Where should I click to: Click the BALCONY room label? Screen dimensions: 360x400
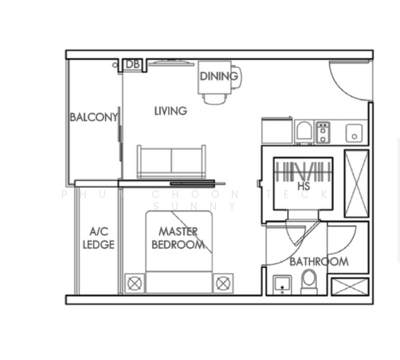coord(94,117)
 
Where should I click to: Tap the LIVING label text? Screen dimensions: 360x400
coord(171,111)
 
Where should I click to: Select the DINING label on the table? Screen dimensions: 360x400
coord(219,76)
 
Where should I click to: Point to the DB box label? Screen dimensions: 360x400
coord(133,64)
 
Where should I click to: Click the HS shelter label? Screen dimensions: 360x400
coord(303,187)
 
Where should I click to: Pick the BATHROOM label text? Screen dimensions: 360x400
coord(319,262)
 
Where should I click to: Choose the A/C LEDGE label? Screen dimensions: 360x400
coord(98,238)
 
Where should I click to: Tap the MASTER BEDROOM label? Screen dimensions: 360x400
coord(178,238)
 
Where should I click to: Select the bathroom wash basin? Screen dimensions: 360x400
coord(282,284)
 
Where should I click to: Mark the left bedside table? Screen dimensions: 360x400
coord(135,283)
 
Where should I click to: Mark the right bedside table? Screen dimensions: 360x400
coord(223,283)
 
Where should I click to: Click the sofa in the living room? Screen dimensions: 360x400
coord(171,161)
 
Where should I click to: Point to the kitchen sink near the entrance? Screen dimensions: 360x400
coord(354,133)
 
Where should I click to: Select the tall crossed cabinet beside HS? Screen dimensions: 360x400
coord(356,184)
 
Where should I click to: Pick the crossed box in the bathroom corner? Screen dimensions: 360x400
coord(350,286)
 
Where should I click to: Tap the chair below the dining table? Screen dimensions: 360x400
coord(214,98)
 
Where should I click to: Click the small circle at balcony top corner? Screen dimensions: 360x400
coord(115,65)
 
